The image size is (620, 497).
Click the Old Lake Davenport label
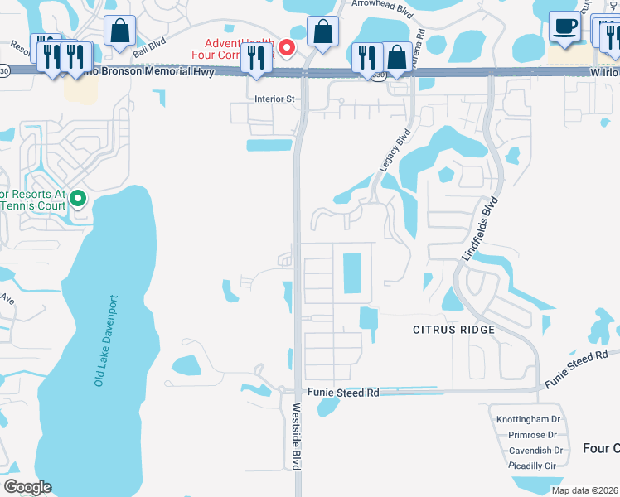click(x=106, y=340)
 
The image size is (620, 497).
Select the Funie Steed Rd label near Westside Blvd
click(x=342, y=393)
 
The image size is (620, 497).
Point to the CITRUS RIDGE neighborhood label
click(x=453, y=330)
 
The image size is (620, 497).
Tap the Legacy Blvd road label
click(x=395, y=150)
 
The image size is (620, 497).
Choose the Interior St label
click(x=274, y=99)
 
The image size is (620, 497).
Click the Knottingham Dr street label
click(x=530, y=419)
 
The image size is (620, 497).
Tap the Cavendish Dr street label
click(x=535, y=451)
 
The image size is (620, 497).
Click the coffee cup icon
click(x=564, y=27)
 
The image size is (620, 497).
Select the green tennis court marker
click(x=78, y=198)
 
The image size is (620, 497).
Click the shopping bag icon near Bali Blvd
click(x=120, y=31)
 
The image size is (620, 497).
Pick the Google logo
click(x=28, y=487)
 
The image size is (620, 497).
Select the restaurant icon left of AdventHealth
click(x=255, y=58)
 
